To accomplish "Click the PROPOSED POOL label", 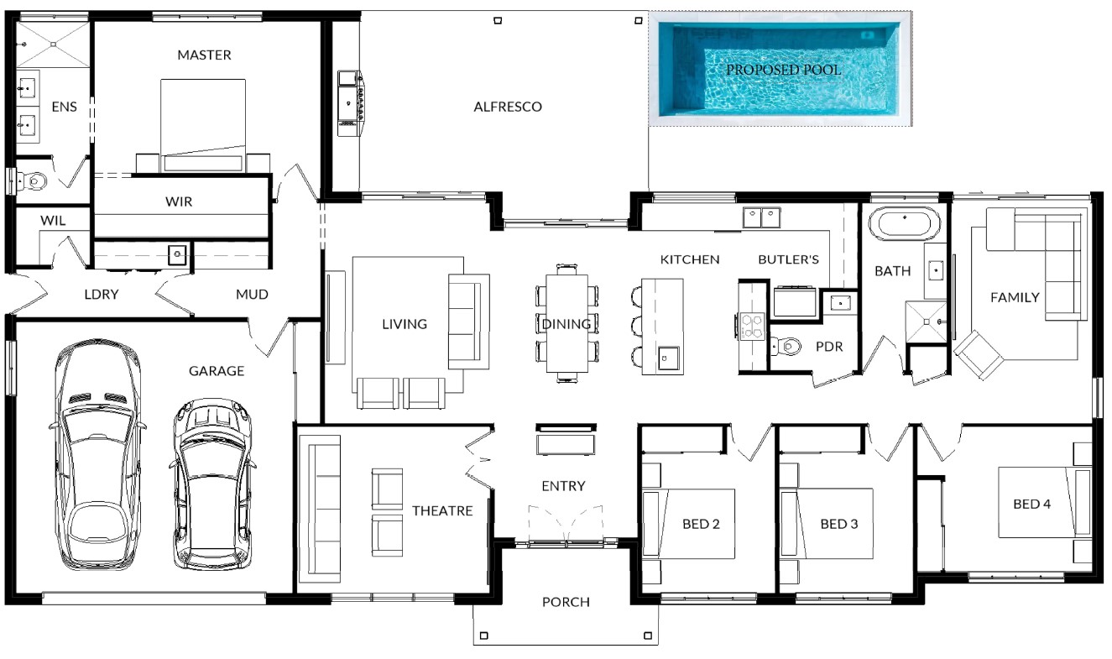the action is [x=783, y=70].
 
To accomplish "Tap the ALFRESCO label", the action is [x=508, y=107].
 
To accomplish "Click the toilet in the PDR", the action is [x=786, y=346].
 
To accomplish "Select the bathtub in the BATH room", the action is [x=904, y=224].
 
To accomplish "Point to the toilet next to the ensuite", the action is [x=31, y=180].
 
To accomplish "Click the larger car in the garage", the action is [x=97, y=454].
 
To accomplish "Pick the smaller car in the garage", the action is [x=212, y=484].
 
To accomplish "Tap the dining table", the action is [x=567, y=323].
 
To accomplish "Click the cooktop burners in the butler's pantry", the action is [x=752, y=327].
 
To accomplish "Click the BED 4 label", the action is [x=1031, y=504].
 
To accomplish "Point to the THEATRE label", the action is [x=442, y=511].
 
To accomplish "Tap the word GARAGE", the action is [x=217, y=371].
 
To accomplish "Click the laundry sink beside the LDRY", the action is [x=177, y=254].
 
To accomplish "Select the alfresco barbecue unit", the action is [x=351, y=102].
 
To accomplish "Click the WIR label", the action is [x=179, y=201].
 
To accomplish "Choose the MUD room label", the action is [x=252, y=295].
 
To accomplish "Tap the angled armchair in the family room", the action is [x=979, y=354].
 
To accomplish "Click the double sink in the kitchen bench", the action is [x=761, y=217].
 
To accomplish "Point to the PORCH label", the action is [x=566, y=602].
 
